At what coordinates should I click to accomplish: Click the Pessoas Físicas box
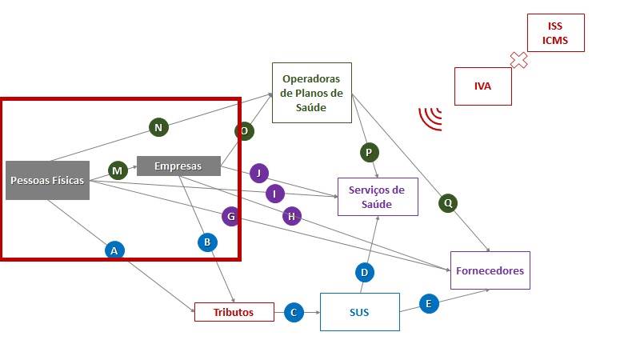[x=47, y=181]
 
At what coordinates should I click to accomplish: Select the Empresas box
[x=178, y=166]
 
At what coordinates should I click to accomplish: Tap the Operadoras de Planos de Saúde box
[x=312, y=93]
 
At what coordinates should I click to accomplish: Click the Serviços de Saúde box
[x=378, y=197]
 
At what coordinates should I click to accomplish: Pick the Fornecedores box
[x=490, y=270]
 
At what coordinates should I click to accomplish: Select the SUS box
[x=359, y=312]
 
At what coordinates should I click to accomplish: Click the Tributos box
[x=234, y=312]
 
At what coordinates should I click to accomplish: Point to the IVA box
[x=483, y=86]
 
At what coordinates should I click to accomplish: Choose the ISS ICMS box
[x=555, y=33]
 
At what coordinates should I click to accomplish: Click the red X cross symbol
[x=518, y=60]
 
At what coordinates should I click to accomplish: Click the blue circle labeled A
[x=114, y=250]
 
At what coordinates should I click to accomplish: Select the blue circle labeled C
[x=294, y=313]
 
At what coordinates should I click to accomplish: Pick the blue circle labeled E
[x=429, y=304]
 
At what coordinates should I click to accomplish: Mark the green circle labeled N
[x=158, y=127]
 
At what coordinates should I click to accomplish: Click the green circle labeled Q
[x=448, y=203]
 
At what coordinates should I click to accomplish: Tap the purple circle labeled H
[x=292, y=216]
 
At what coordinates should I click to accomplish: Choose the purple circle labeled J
[x=259, y=173]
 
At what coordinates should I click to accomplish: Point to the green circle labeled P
[x=370, y=153]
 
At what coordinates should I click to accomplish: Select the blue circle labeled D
[x=365, y=272]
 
